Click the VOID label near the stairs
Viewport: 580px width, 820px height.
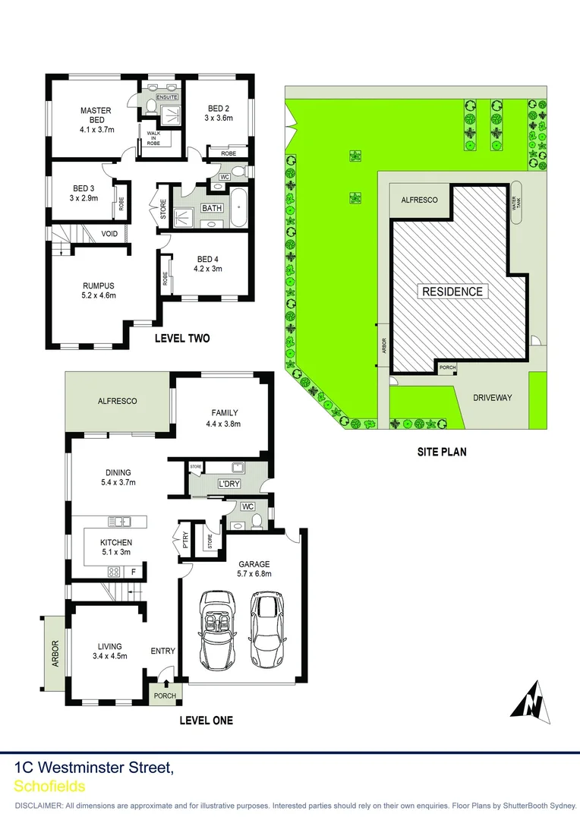point(109,233)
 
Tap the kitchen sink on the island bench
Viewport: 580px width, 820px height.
point(120,522)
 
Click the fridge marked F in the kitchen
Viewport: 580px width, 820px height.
point(134,571)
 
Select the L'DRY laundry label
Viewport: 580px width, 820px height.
point(229,484)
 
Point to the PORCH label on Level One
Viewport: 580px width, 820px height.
point(165,695)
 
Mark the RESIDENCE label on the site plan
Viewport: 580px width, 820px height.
point(452,292)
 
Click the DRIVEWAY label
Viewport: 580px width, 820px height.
point(493,397)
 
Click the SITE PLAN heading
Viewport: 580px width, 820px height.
point(441,451)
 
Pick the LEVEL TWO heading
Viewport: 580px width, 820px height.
point(182,338)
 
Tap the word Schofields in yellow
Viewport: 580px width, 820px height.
point(49,787)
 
